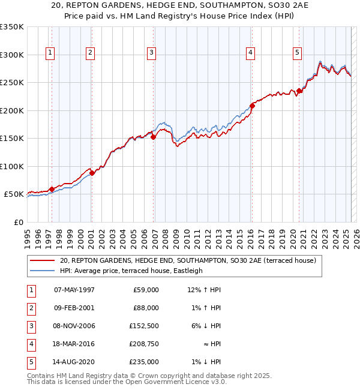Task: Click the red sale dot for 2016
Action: click(x=252, y=106)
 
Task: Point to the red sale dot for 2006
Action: click(x=153, y=137)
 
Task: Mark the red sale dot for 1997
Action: click(x=52, y=189)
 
